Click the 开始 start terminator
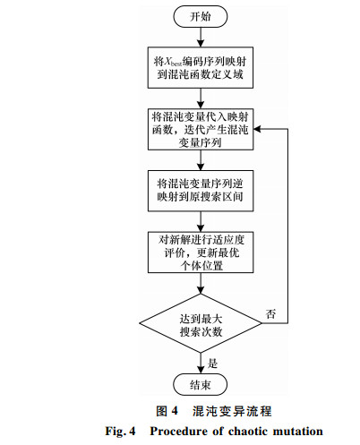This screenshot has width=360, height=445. (x=201, y=16)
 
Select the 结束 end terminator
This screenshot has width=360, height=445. (x=201, y=385)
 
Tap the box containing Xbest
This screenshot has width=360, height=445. (x=201, y=67)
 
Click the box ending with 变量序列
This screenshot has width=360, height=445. (x=201, y=129)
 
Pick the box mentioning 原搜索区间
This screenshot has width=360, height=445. (x=201, y=191)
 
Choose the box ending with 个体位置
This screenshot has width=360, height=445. (x=201, y=252)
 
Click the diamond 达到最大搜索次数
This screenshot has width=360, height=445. (x=201, y=323)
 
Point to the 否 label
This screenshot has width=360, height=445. (x=270, y=314)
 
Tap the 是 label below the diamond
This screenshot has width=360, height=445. (x=212, y=364)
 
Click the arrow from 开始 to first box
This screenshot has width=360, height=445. (x=201, y=38)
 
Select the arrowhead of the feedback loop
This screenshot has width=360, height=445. (x=257, y=129)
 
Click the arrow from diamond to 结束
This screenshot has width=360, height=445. (x=201, y=364)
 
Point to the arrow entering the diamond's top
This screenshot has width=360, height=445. (x=201, y=283)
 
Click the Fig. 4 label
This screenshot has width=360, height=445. (x=120, y=432)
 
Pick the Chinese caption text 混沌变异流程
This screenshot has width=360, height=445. (x=232, y=411)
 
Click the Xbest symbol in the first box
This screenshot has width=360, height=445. (x=173, y=62)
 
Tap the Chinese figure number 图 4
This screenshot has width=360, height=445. (x=167, y=411)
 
